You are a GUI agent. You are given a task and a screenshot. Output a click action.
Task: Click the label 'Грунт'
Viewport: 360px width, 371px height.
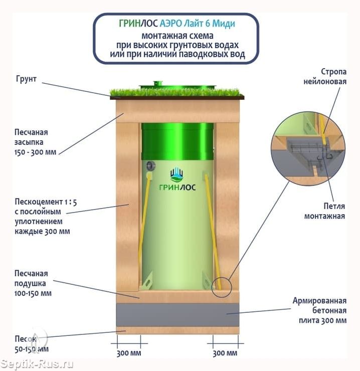point(26,79)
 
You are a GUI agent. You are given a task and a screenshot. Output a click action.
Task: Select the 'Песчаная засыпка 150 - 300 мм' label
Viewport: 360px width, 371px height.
point(36,142)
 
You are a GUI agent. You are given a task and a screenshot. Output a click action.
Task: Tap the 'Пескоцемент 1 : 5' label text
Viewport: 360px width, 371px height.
point(46,202)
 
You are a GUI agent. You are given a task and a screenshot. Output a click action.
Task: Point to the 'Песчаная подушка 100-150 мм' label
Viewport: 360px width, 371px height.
point(33,283)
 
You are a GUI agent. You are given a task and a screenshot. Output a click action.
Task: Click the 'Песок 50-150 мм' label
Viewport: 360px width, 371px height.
point(32,344)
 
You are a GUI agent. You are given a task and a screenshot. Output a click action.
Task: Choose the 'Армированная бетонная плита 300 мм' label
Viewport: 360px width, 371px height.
point(320,310)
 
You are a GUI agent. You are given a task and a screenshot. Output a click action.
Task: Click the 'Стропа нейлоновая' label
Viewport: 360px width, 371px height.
point(325,76)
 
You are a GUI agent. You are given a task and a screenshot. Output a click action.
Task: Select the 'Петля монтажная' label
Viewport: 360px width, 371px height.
point(325,211)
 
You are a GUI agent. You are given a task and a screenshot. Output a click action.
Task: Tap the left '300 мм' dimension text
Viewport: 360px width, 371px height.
point(129,353)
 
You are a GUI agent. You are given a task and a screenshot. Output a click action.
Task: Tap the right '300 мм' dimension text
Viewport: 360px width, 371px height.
point(225,353)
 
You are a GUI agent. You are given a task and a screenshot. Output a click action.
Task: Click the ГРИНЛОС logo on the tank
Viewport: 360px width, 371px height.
point(177,179)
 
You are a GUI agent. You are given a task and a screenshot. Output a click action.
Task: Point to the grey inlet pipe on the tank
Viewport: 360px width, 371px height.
point(150,166)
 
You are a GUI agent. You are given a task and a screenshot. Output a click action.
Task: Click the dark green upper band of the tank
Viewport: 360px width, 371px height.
point(178,141)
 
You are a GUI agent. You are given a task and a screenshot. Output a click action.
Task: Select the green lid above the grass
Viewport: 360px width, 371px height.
point(177,85)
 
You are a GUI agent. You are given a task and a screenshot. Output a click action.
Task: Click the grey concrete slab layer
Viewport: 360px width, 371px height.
point(177,315)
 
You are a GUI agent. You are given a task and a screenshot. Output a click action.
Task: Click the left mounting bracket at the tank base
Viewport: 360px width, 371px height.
point(146,281)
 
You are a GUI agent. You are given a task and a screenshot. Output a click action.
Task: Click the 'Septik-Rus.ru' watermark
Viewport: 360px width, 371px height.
point(37,364)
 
